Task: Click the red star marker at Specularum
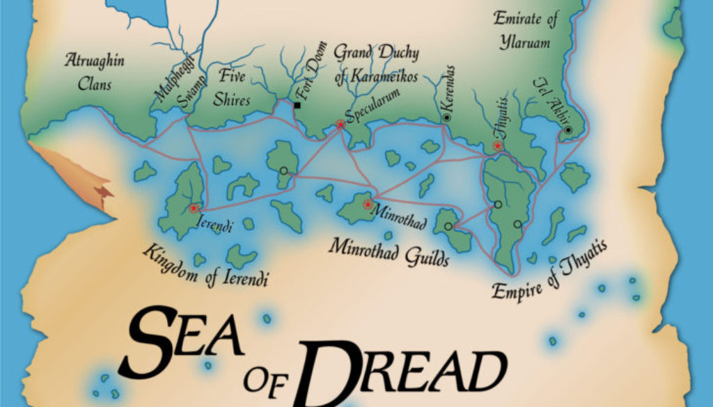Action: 340,125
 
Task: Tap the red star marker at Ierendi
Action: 194,208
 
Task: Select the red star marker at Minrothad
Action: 368,205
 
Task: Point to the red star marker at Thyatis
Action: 497,146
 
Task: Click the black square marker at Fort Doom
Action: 297,106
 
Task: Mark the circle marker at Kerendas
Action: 446,118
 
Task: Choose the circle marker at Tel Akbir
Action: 568,130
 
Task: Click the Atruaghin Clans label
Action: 94,72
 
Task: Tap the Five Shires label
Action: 233,88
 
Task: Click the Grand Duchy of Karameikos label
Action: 375,64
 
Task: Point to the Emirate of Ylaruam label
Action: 525,31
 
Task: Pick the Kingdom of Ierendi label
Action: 205,266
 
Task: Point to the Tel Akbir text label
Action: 547,97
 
